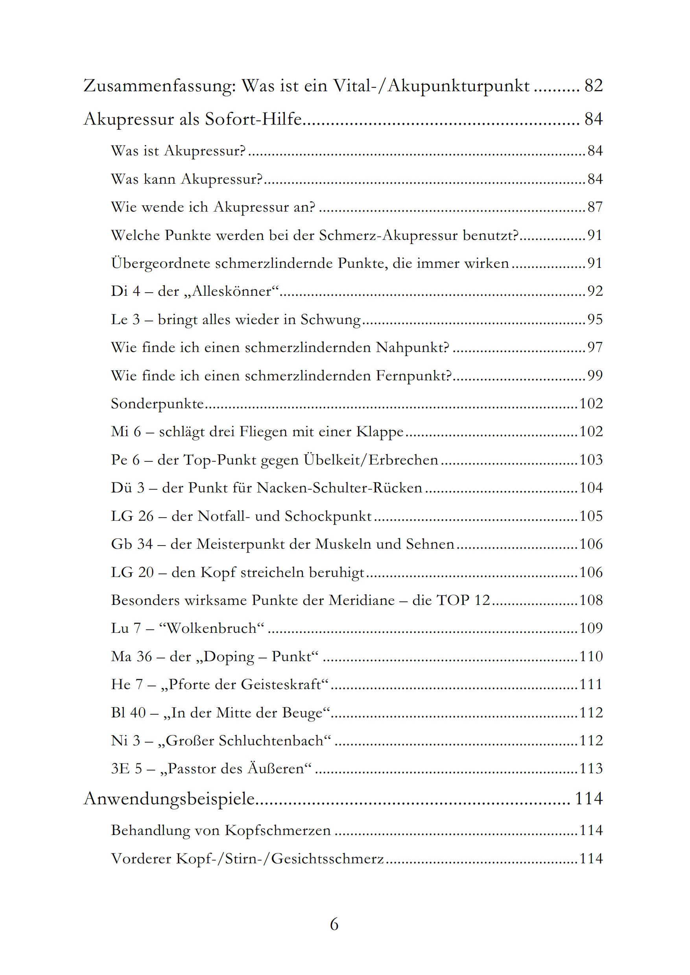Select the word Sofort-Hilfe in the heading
pyautogui.click(x=253, y=120)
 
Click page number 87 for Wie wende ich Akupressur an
pyautogui.click(x=595, y=207)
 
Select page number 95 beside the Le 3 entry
pyautogui.click(x=595, y=319)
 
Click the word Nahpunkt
pyautogui.click(x=412, y=348)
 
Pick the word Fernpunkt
pyautogui.click(x=413, y=376)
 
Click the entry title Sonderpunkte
pyautogui.click(x=157, y=404)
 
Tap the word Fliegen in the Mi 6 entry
pyautogui.click(x=265, y=431)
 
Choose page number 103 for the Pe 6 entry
pyautogui.click(x=591, y=460)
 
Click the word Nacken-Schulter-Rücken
pyautogui.click(x=339, y=488)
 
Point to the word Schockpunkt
pyautogui.click(x=328, y=516)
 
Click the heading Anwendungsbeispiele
pyautogui.click(x=169, y=799)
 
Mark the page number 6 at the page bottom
pyautogui.click(x=334, y=924)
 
